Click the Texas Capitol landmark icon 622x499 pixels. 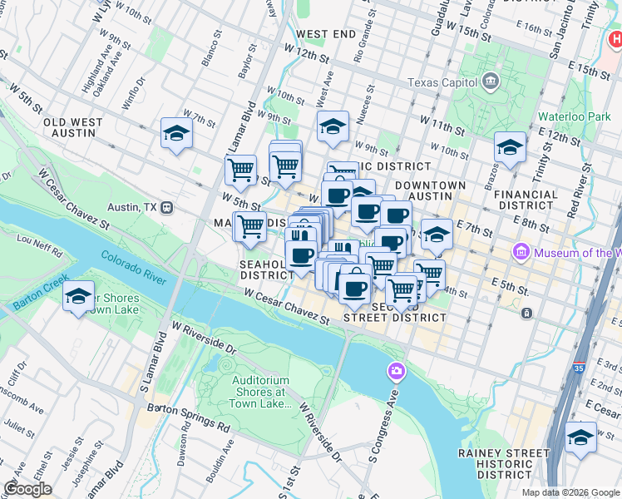(x=489, y=82)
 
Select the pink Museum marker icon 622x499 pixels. (x=521, y=251)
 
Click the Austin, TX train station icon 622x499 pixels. (x=166, y=206)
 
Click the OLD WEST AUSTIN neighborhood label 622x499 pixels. (x=73, y=127)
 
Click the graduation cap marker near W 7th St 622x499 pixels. (x=176, y=133)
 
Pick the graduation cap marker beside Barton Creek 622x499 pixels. (x=78, y=297)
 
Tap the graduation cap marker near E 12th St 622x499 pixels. (x=510, y=148)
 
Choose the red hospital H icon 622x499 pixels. (x=615, y=39)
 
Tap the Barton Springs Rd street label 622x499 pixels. (x=188, y=415)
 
